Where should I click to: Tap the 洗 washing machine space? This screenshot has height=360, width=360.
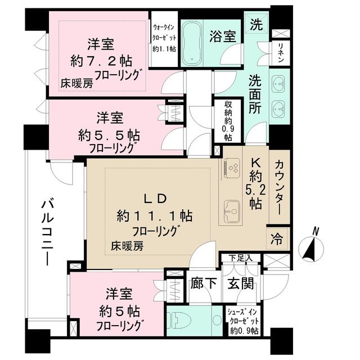(256, 25)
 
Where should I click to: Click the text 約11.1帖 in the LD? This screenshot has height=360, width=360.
(155, 215)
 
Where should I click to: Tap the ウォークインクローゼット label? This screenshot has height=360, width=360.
(165, 37)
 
